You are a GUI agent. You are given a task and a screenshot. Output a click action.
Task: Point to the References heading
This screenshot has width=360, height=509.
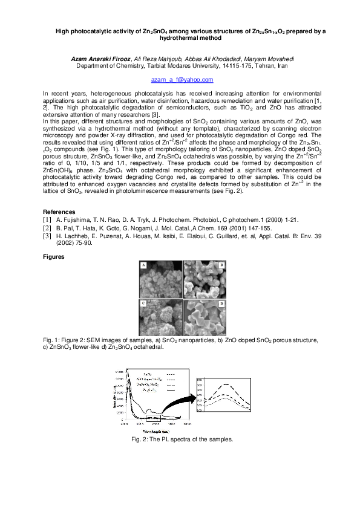click(x=59, y=212)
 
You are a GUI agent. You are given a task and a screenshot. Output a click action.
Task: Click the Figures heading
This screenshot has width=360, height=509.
click(x=54, y=257)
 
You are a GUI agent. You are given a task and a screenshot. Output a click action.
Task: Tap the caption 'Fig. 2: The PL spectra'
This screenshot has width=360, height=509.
click(x=182, y=439)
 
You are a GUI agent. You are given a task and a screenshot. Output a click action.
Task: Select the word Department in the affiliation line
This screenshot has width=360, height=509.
click(x=93, y=65)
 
